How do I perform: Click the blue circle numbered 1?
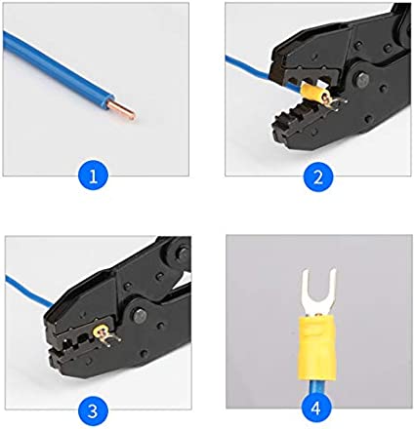pyautogui.click(x=93, y=176)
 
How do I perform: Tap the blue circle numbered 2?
pyautogui.click(x=318, y=176)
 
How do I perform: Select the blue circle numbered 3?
pyautogui.click(x=93, y=410)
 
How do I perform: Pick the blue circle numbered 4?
pyautogui.click(x=315, y=408)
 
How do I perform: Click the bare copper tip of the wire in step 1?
pyautogui.click(x=124, y=109)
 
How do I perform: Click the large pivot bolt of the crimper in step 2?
pyautogui.click(x=362, y=79)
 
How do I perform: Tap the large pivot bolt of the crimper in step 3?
pyautogui.click(x=140, y=316)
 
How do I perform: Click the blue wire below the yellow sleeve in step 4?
pyautogui.click(x=316, y=388)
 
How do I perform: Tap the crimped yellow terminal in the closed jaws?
pyautogui.click(x=103, y=335)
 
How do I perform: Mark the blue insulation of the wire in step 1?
pyautogui.click(x=59, y=68)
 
